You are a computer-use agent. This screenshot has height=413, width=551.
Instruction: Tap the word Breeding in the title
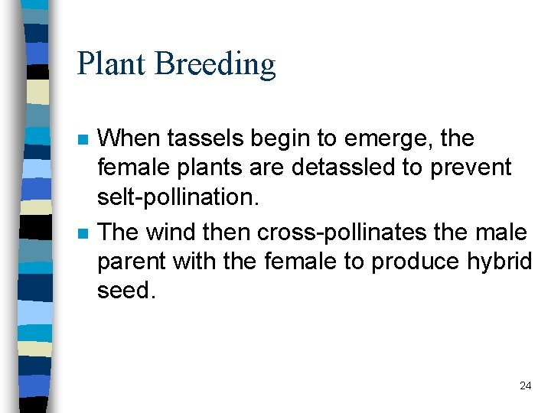[x=215, y=64]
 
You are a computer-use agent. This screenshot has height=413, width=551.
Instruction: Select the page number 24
[x=525, y=385]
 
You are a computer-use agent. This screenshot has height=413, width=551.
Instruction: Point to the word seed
[x=126, y=291]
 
